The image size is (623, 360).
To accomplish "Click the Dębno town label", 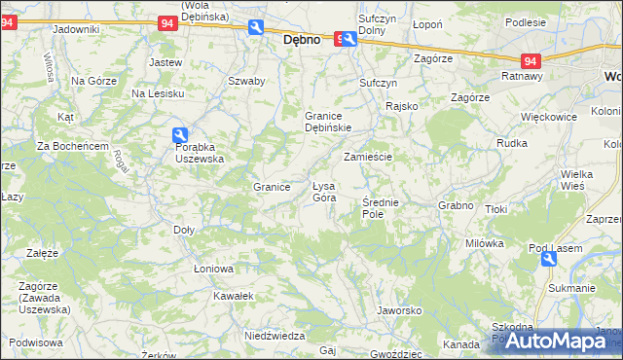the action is tap(303, 42).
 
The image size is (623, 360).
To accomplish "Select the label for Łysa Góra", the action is tap(323, 192).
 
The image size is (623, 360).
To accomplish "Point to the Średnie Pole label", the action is tap(380, 207).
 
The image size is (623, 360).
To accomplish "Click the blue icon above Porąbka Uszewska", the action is tap(180, 136).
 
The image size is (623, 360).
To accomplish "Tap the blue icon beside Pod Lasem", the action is tap(549, 259).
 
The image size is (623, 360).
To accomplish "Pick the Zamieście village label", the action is tap(367, 157).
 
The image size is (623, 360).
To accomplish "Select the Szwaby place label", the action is tap(246, 81).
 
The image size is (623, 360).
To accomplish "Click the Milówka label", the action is tap(484, 243).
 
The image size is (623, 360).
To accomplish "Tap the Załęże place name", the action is tap(42, 252).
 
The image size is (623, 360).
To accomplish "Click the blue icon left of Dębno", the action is tap(256, 28).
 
